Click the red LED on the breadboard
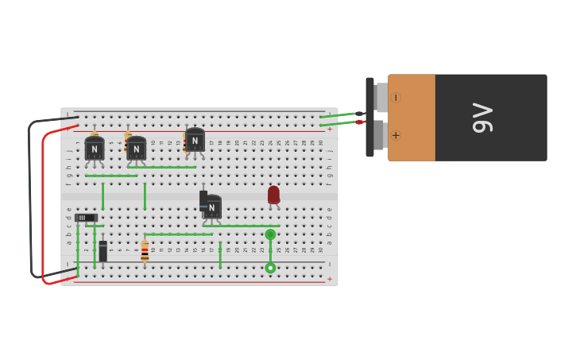pyautogui.click(x=273, y=195)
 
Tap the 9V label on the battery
pyautogui.click(x=482, y=118)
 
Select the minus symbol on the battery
pyautogui.click(x=396, y=98)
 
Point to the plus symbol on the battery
pyautogui.click(x=396, y=135)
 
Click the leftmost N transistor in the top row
pyautogui.click(x=95, y=149)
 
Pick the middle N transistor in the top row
pyautogui.click(x=137, y=149)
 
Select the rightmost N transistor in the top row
pyautogui.click(x=195, y=141)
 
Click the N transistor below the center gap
pyautogui.click(x=212, y=207)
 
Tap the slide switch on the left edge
pyautogui.click(x=86, y=217)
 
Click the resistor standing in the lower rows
pyautogui.click(x=145, y=250)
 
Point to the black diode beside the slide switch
pyautogui.click(x=102, y=251)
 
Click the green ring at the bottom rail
pyautogui.click(x=270, y=268)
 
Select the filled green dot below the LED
pyautogui.click(x=270, y=234)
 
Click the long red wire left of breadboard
pyautogui.click(x=43, y=207)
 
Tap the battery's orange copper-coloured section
pyautogui.click(x=412, y=118)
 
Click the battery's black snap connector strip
pyautogui.click(x=369, y=118)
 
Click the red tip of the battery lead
pyautogui.click(x=359, y=122)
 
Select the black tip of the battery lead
pyautogui.click(x=359, y=114)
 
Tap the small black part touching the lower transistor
pyautogui.click(x=203, y=199)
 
